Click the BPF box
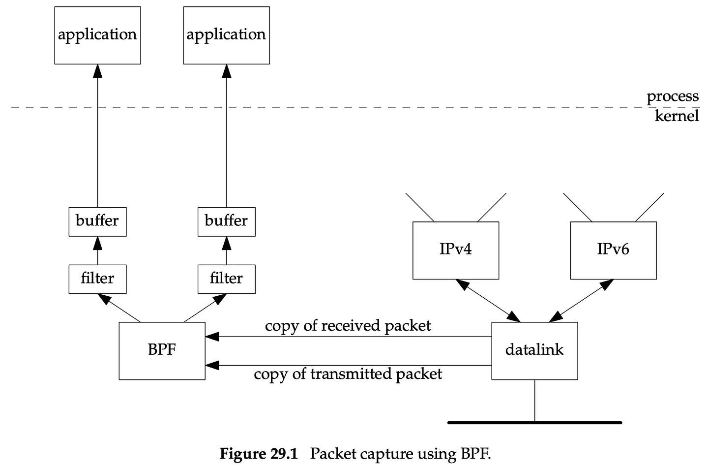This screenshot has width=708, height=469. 162,351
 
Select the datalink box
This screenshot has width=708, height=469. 534,351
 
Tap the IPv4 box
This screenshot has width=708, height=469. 456,250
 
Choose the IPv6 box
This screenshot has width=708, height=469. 614,250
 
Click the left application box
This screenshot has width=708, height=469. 98,35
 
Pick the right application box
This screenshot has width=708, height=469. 227,35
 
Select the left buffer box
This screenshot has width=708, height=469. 98,222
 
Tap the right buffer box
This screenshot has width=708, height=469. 227,222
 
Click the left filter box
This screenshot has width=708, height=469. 98,279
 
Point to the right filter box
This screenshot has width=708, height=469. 227,279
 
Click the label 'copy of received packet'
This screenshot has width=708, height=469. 348,326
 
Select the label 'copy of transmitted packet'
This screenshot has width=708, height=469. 348,374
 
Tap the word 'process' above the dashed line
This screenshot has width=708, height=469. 673,96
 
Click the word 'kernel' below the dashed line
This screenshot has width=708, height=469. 677,116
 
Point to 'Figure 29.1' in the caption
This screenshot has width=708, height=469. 259,454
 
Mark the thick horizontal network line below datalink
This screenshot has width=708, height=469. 535,422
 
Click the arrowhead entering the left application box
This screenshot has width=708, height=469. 98,71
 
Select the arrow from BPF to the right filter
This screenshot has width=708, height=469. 205,308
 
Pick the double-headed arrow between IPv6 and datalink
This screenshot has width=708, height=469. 581,301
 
